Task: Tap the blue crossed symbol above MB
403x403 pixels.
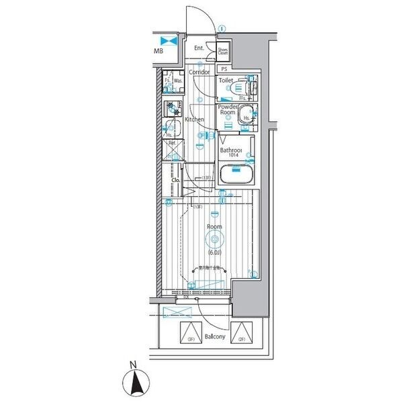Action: pyautogui.click(x=167, y=40)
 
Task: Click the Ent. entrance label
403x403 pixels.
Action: pyautogui.click(x=199, y=48)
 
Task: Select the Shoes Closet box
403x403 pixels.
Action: pyautogui.click(x=222, y=50)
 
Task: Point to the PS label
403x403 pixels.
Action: pyautogui.click(x=224, y=69)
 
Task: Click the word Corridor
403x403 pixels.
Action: pyautogui.click(x=199, y=72)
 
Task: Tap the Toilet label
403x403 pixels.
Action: pyautogui.click(x=226, y=79)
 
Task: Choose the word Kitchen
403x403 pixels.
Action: pyautogui.click(x=195, y=120)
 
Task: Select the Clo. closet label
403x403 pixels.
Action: pyautogui.click(x=176, y=180)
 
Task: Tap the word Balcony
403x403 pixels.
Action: pyautogui.click(x=215, y=335)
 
